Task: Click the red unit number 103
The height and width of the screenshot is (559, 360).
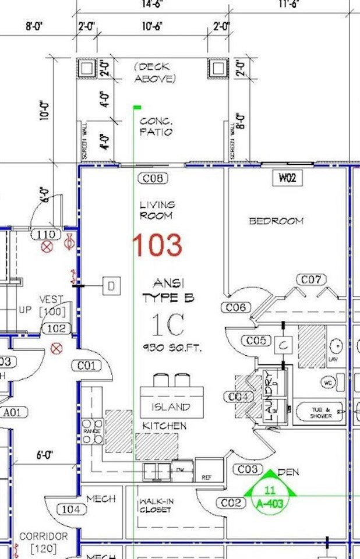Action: [157, 245]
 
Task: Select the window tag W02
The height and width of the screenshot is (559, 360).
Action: [288, 178]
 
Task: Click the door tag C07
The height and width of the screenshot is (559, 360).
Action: [312, 281]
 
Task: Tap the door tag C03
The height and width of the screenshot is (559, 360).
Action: [248, 469]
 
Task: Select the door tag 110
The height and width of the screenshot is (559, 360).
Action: [45, 235]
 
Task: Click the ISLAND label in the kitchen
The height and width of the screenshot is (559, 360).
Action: [171, 406]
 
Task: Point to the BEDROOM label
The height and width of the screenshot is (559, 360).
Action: [276, 221]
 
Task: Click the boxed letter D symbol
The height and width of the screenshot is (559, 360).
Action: [111, 286]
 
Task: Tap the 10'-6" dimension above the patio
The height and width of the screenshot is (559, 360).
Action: [151, 26]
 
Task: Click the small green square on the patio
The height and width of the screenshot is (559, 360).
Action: [137, 107]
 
